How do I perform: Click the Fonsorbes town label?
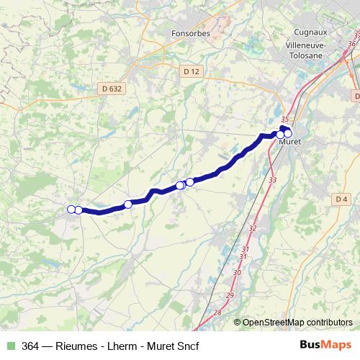pos(190,33)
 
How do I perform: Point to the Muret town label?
pos(289,142)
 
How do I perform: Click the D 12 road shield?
pos(190,71)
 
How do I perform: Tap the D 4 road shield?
pos(341,199)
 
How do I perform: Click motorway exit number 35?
pos(285,120)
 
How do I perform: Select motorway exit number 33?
pos(271,179)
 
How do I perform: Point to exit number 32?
pos(252,228)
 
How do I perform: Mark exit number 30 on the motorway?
pos(238,273)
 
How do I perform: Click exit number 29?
pos(230,297)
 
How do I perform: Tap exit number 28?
pos(218,312)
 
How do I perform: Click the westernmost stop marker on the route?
pos(71,210)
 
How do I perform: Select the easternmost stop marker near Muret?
pos(288,133)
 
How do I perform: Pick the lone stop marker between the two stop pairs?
pos(128,204)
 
